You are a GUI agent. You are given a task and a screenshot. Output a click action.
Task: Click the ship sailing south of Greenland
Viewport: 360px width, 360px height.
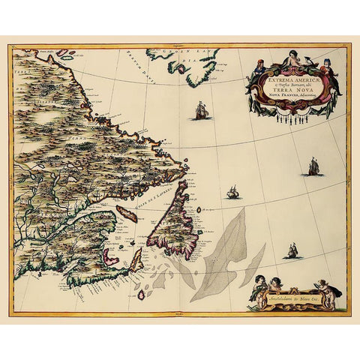201,112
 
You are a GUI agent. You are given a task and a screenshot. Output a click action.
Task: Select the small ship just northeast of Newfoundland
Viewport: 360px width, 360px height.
233,193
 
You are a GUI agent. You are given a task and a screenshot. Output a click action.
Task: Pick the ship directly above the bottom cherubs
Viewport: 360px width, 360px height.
291,251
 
